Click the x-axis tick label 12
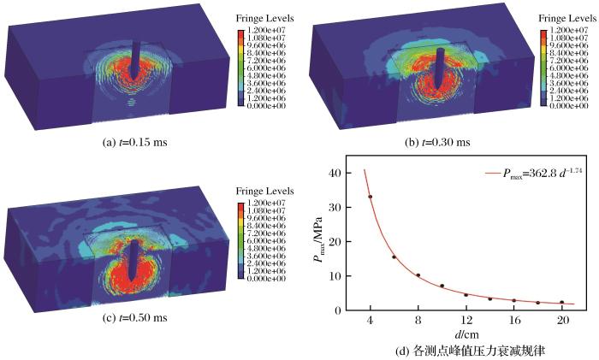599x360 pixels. tap(466, 320)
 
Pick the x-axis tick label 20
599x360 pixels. tap(561, 320)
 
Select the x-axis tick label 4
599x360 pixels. tap(370, 320)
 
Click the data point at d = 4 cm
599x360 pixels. tap(370, 197)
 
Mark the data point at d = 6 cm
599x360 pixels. tap(394, 257)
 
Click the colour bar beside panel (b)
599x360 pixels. tap(544, 65)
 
